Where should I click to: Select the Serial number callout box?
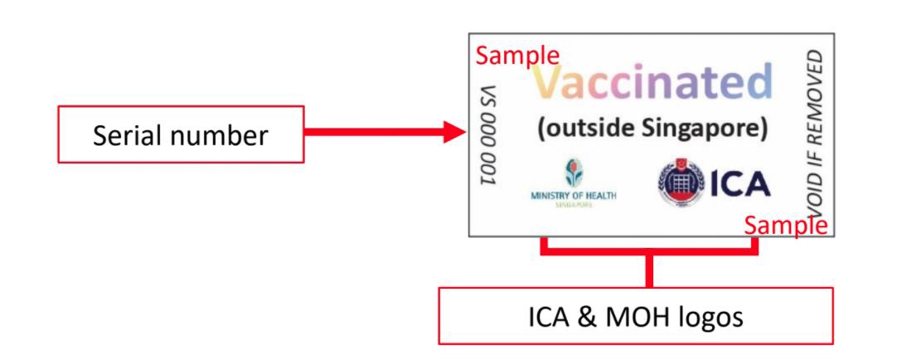tap(181, 134)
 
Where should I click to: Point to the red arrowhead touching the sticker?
tap(454, 131)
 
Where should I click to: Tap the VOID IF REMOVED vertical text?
tap(816, 133)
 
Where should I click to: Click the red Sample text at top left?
tap(516, 56)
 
